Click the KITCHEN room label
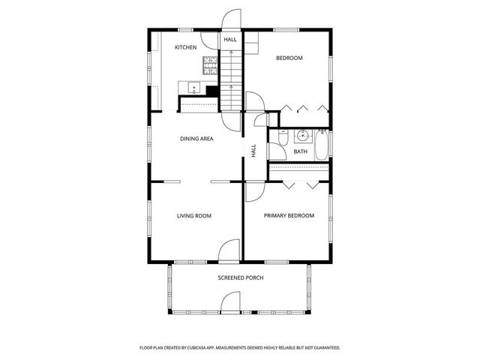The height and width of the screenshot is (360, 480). coord(185,48)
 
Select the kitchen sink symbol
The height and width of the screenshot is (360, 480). coord(192,88)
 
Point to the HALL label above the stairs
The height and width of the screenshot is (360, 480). coord(229,39)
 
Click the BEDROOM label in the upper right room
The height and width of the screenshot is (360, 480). coord(289,58)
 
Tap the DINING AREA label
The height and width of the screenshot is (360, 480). coord(196,139)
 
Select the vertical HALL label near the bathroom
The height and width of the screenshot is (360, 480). coord(254,150)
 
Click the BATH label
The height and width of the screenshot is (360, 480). coord(300,152)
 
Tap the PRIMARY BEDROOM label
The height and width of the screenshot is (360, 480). coord(289,216)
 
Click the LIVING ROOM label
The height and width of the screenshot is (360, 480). coord(193,216)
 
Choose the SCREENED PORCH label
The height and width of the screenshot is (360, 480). coord(240,277)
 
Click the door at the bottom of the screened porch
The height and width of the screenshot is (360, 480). coord(229,302)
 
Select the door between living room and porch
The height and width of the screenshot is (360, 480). coord(229,251)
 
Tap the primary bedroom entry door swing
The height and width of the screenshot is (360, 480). coord(252,192)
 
